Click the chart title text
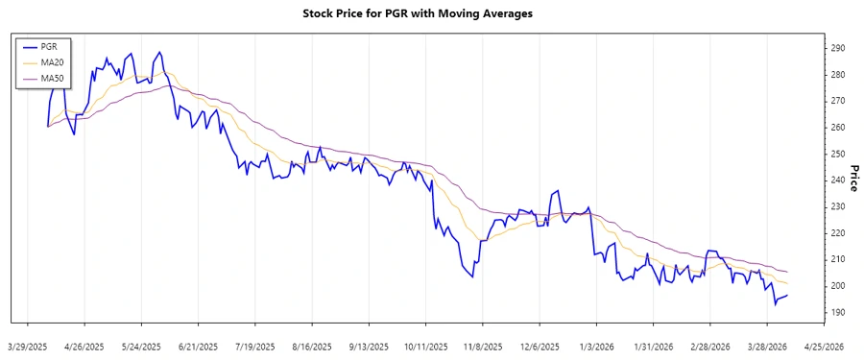tap(431, 14)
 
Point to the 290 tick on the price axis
tap(837, 48)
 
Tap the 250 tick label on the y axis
tap(837, 154)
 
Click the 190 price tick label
tap(837, 313)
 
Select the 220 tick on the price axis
tap(837, 233)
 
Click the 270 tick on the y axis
tap(837, 101)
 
